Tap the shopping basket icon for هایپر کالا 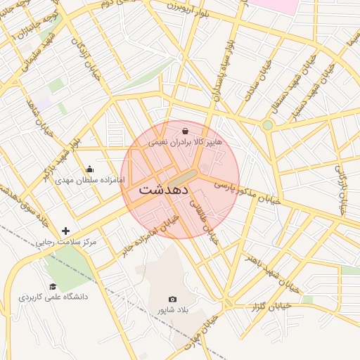click(x=185, y=131)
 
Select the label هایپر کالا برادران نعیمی click(x=185, y=142)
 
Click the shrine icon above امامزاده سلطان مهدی click(x=89, y=169)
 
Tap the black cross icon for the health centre click(x=66, y=231)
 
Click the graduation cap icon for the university click(x=53, y=285)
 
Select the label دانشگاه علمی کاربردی click(x=53, y=297)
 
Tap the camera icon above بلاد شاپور click(x=173, y=300)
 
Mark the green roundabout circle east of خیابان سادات click(x=267, y=125)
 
